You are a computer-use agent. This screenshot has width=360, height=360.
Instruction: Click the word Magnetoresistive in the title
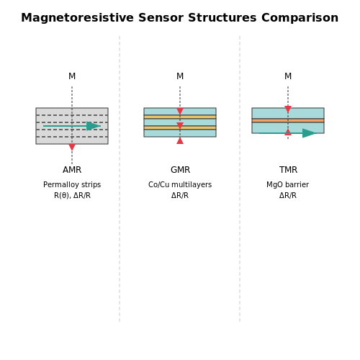pyautogui.click(x=77, y=18)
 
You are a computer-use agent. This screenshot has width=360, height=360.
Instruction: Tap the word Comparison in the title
pyautogui.click(x=300, y=18)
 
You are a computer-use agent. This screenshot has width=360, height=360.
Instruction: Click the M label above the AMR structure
pyautogui.click(x=72, y=76)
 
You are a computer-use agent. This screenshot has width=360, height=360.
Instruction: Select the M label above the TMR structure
pyautogui.click(x=288, y=76)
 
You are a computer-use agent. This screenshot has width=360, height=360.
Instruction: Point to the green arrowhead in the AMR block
pyautogui.click(x=94, y=126)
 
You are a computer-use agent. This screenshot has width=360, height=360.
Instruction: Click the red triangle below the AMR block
pyautogui.click(x=72, y=148)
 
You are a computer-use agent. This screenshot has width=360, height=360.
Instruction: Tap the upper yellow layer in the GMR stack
pyautogui.click(x=180, y=117)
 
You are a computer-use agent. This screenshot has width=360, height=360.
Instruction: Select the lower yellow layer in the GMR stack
pyautogui.click(x=180, y=127)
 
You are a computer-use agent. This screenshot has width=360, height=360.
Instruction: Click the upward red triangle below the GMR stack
pyautogui.click(x=180, y=140)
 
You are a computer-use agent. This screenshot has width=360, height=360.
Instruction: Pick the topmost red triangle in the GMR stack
pyautogui.click(x=180, y=112)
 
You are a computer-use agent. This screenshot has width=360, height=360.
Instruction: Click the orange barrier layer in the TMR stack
pyautogui.click(x=288, y=120)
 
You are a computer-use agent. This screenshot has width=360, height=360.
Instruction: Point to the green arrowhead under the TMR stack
pyautogui.click(x=310, y=133)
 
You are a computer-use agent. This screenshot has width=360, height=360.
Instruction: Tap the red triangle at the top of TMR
pyautogui.click(x=288, y=109)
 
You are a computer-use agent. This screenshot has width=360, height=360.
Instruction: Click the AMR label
pyautogui.click(x=72, y=170)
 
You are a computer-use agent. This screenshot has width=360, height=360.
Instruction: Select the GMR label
pyautogui.click(x=180, y=170)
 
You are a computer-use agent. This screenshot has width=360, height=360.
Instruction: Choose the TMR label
pyautogui.click(x=288, y=170)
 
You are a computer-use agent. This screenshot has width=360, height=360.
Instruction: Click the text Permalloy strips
pyautogui.click(x=72, y=185)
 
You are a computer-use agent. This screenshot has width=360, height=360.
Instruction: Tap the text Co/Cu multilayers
pyautogui.click(x=180, y=185)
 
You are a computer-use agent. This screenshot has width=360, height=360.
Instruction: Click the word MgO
pyautogui.click(x=274, y=185)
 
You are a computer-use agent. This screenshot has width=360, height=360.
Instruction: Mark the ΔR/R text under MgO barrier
pyautogui.click(x=288, y=196)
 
